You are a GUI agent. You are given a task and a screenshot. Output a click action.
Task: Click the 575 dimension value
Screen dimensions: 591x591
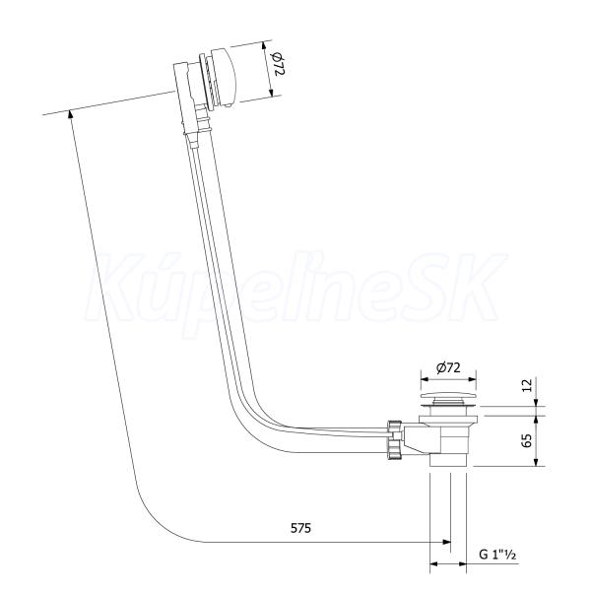300,528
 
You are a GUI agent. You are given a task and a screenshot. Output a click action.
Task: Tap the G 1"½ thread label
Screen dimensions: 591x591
497,555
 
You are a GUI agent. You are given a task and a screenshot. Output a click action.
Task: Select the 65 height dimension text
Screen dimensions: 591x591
528,440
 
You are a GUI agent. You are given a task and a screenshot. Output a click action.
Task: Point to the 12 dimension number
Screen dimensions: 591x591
528,385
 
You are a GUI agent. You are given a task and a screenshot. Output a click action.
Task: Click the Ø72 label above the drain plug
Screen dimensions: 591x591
448,367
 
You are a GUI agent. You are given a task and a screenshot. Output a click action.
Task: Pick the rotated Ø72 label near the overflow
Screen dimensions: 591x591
278,64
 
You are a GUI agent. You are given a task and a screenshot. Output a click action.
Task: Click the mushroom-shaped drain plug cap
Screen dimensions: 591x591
448,397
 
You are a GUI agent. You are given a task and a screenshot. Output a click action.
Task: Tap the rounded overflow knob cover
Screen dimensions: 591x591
224,77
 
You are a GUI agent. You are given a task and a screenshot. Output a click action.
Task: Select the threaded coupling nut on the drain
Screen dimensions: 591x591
393,439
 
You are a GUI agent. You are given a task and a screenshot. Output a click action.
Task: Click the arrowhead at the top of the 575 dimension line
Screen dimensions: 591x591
71,114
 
